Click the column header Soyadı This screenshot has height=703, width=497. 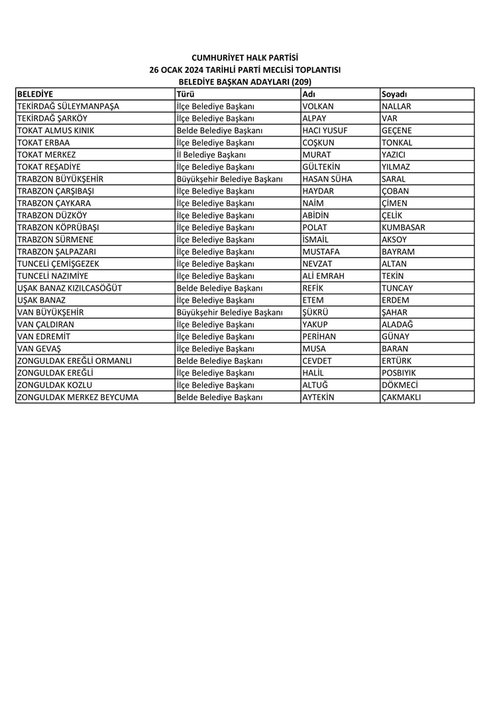tap(394, 94)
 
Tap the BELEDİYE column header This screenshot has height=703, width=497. tap(35, 94)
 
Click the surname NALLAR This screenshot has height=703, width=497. tap(397, 106)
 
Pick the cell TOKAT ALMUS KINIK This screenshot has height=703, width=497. tap(56, 131)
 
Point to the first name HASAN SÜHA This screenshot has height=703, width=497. tap(327, 179)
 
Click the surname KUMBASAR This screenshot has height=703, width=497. tap(404, 227)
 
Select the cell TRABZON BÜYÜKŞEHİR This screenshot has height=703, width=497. tap(60, 179)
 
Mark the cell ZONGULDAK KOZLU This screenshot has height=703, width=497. tap(54, 385)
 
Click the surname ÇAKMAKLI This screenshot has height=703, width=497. tap(402, 398)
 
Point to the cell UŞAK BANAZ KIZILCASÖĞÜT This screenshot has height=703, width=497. tap(70, 288)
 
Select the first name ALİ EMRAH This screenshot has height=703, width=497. tap(323, 276)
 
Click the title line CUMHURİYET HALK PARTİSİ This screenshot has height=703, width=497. tap(245, 58)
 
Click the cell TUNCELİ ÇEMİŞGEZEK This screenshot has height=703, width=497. tap(58, 264)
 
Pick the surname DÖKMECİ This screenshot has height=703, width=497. tap(400, 385)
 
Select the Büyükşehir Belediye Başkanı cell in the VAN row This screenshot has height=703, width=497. tap(230, 312)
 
